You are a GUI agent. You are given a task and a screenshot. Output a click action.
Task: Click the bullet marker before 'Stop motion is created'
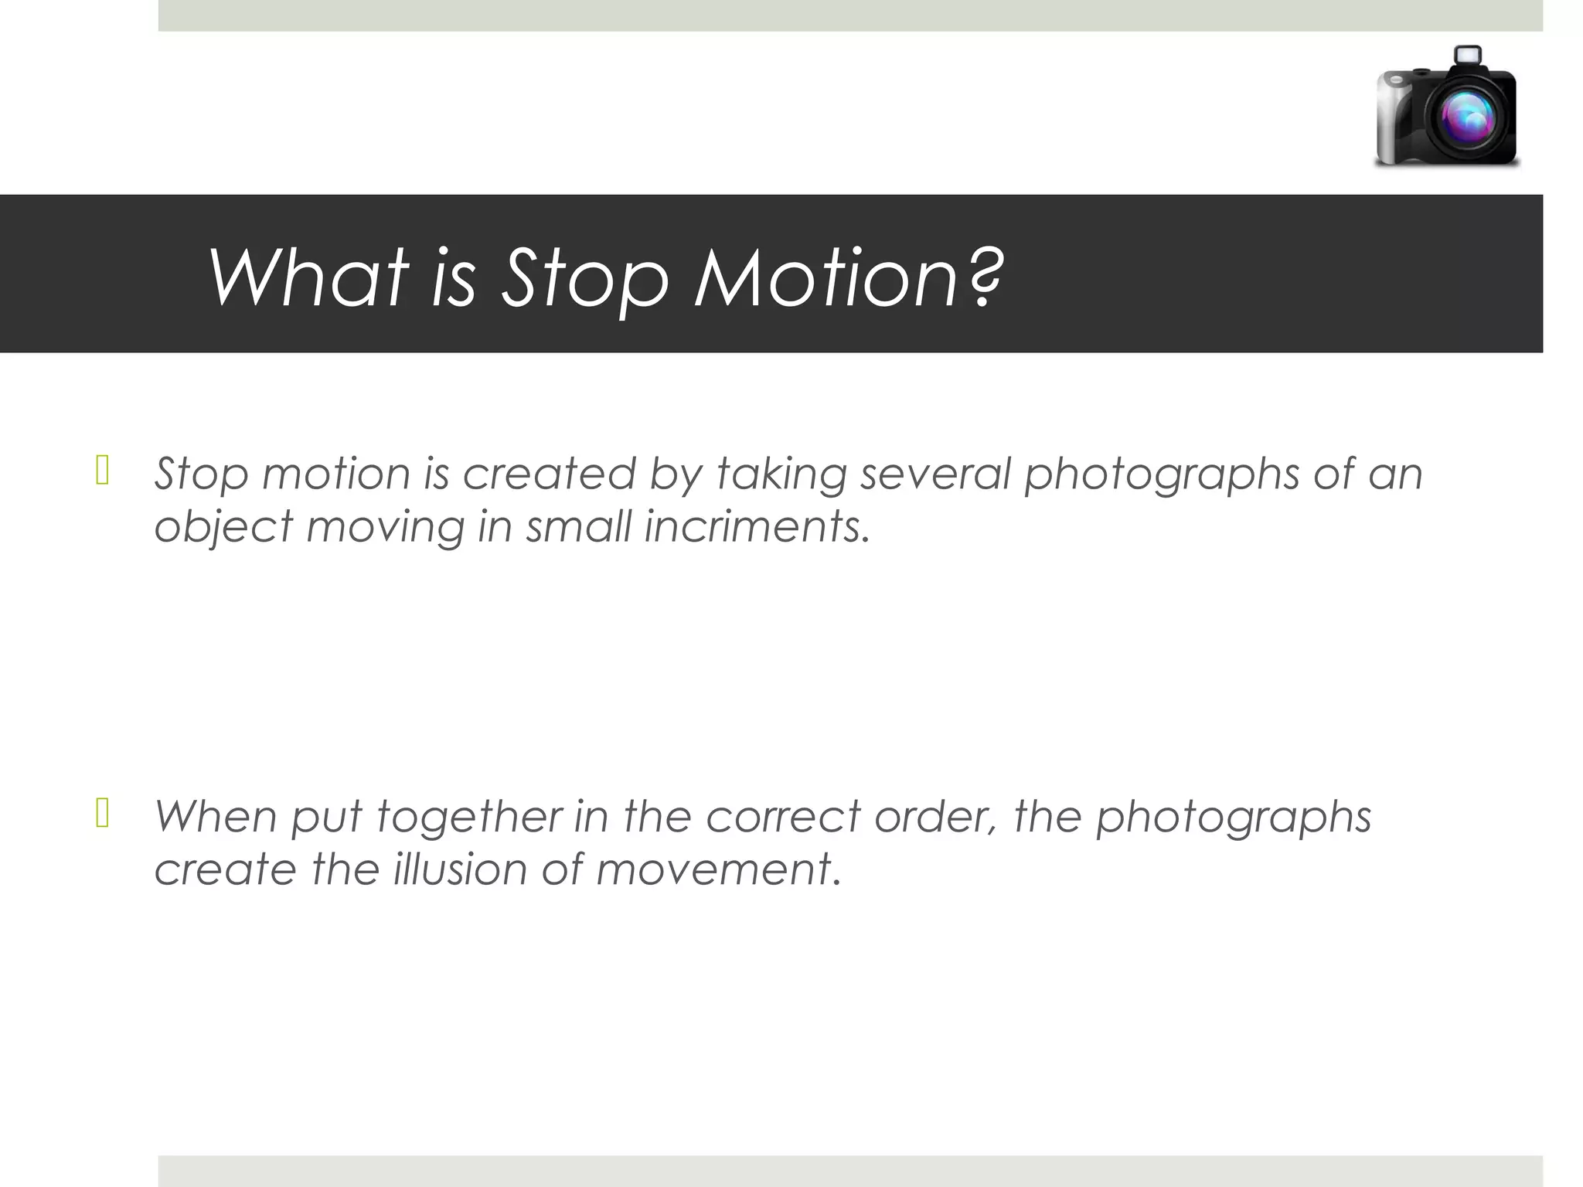point(102,471)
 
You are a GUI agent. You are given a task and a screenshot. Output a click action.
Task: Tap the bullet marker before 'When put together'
point(102,814)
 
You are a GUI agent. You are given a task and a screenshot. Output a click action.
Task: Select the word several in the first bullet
point(935,473)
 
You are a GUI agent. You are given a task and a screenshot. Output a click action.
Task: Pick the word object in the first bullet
point(223,528)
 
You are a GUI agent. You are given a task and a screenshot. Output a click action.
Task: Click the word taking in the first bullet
point(781,474)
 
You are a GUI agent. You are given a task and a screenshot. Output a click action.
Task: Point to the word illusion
point(459,869)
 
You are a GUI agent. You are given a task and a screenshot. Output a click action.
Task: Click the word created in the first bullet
point(549,473)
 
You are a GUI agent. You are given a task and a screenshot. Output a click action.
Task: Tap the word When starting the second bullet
point(216,816)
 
